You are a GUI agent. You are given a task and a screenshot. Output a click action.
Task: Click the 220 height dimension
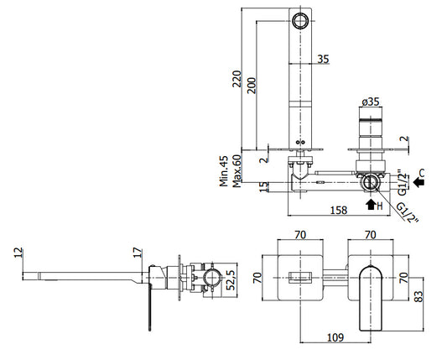coord(236,79)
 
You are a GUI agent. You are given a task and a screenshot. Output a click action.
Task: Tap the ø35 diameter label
coord(371,102)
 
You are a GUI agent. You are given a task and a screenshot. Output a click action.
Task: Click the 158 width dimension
coord(339,211)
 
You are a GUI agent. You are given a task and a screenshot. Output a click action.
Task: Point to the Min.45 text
coord(224,171)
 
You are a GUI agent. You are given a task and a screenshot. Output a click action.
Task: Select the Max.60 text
coord(236,171)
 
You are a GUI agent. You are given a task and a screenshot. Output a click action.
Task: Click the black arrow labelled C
coord(418,181)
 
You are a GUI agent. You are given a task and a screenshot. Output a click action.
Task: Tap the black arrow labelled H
coord(371,205)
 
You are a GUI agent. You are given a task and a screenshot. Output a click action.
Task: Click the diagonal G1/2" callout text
coord(408,213)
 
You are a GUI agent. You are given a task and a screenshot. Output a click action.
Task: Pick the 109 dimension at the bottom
coord(335,337)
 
